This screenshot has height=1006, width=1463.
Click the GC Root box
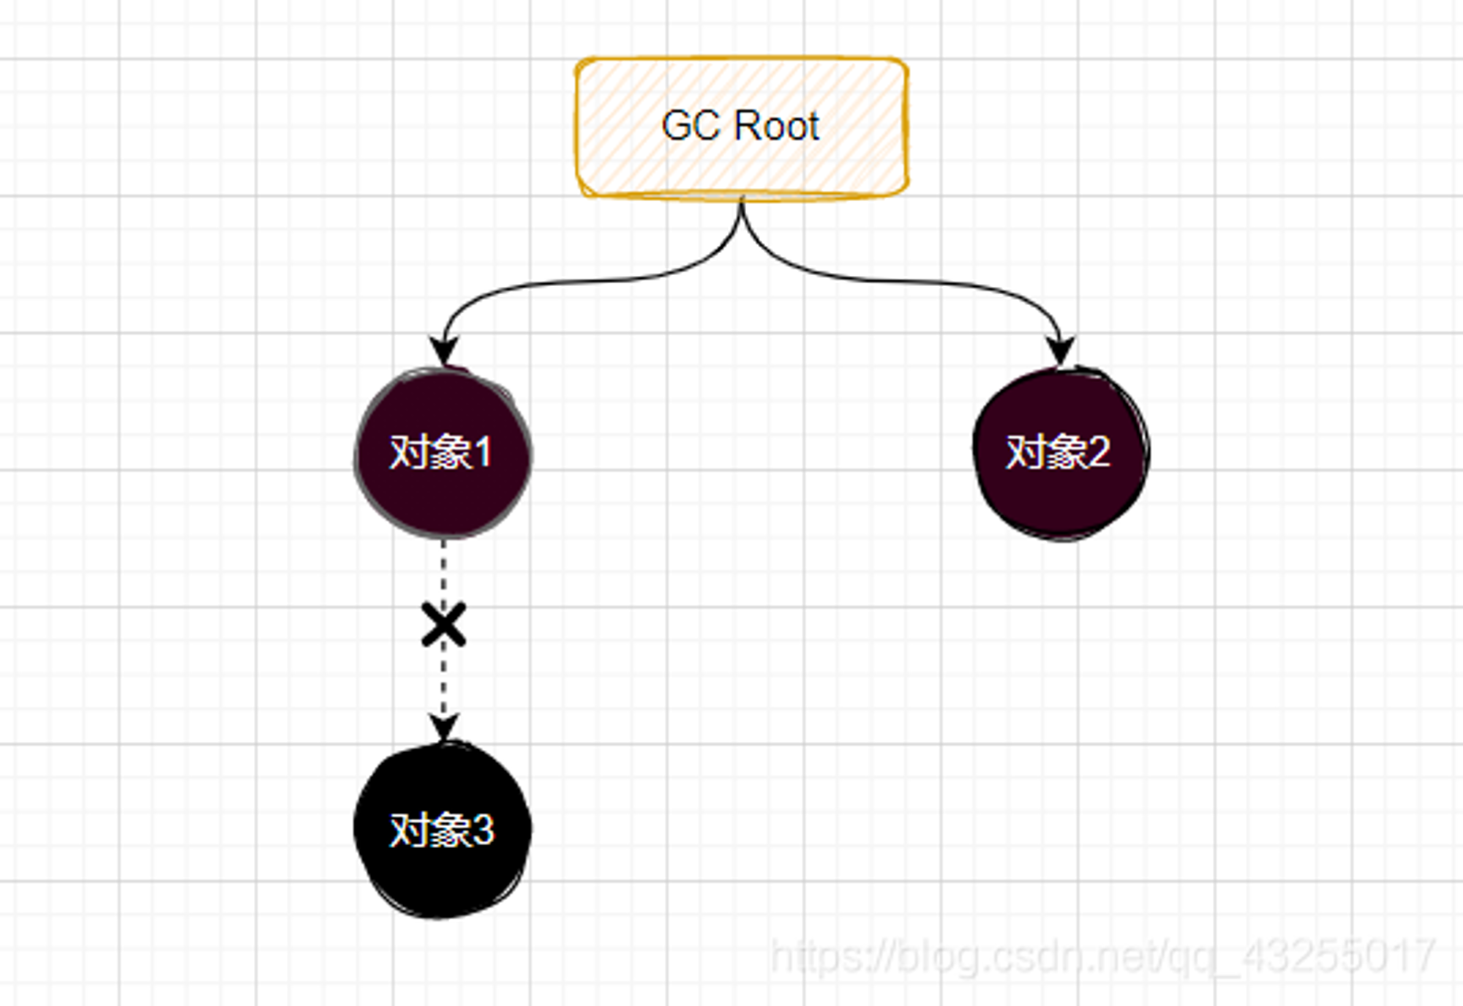click(x=742, y=127)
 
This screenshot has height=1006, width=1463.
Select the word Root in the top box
click(x=776, y=126)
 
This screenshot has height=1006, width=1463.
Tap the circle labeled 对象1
click(x=443, y=453)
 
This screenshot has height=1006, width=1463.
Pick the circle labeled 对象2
click(x=1061, y=453)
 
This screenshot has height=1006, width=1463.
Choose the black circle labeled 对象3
click(x=443, y=830)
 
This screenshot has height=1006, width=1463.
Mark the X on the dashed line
click(x=444, y=625)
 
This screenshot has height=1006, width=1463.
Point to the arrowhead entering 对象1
click(x=444, y=351)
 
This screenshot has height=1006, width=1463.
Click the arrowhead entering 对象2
click(x=1060, y=351)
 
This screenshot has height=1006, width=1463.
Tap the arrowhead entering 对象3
click(x=444, y=728)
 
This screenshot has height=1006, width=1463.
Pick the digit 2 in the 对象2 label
click(x=1099, y=452)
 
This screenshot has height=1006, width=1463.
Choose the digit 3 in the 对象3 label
click(x=483, y=830)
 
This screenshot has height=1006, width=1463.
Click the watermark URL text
click(x=1103, y=955)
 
